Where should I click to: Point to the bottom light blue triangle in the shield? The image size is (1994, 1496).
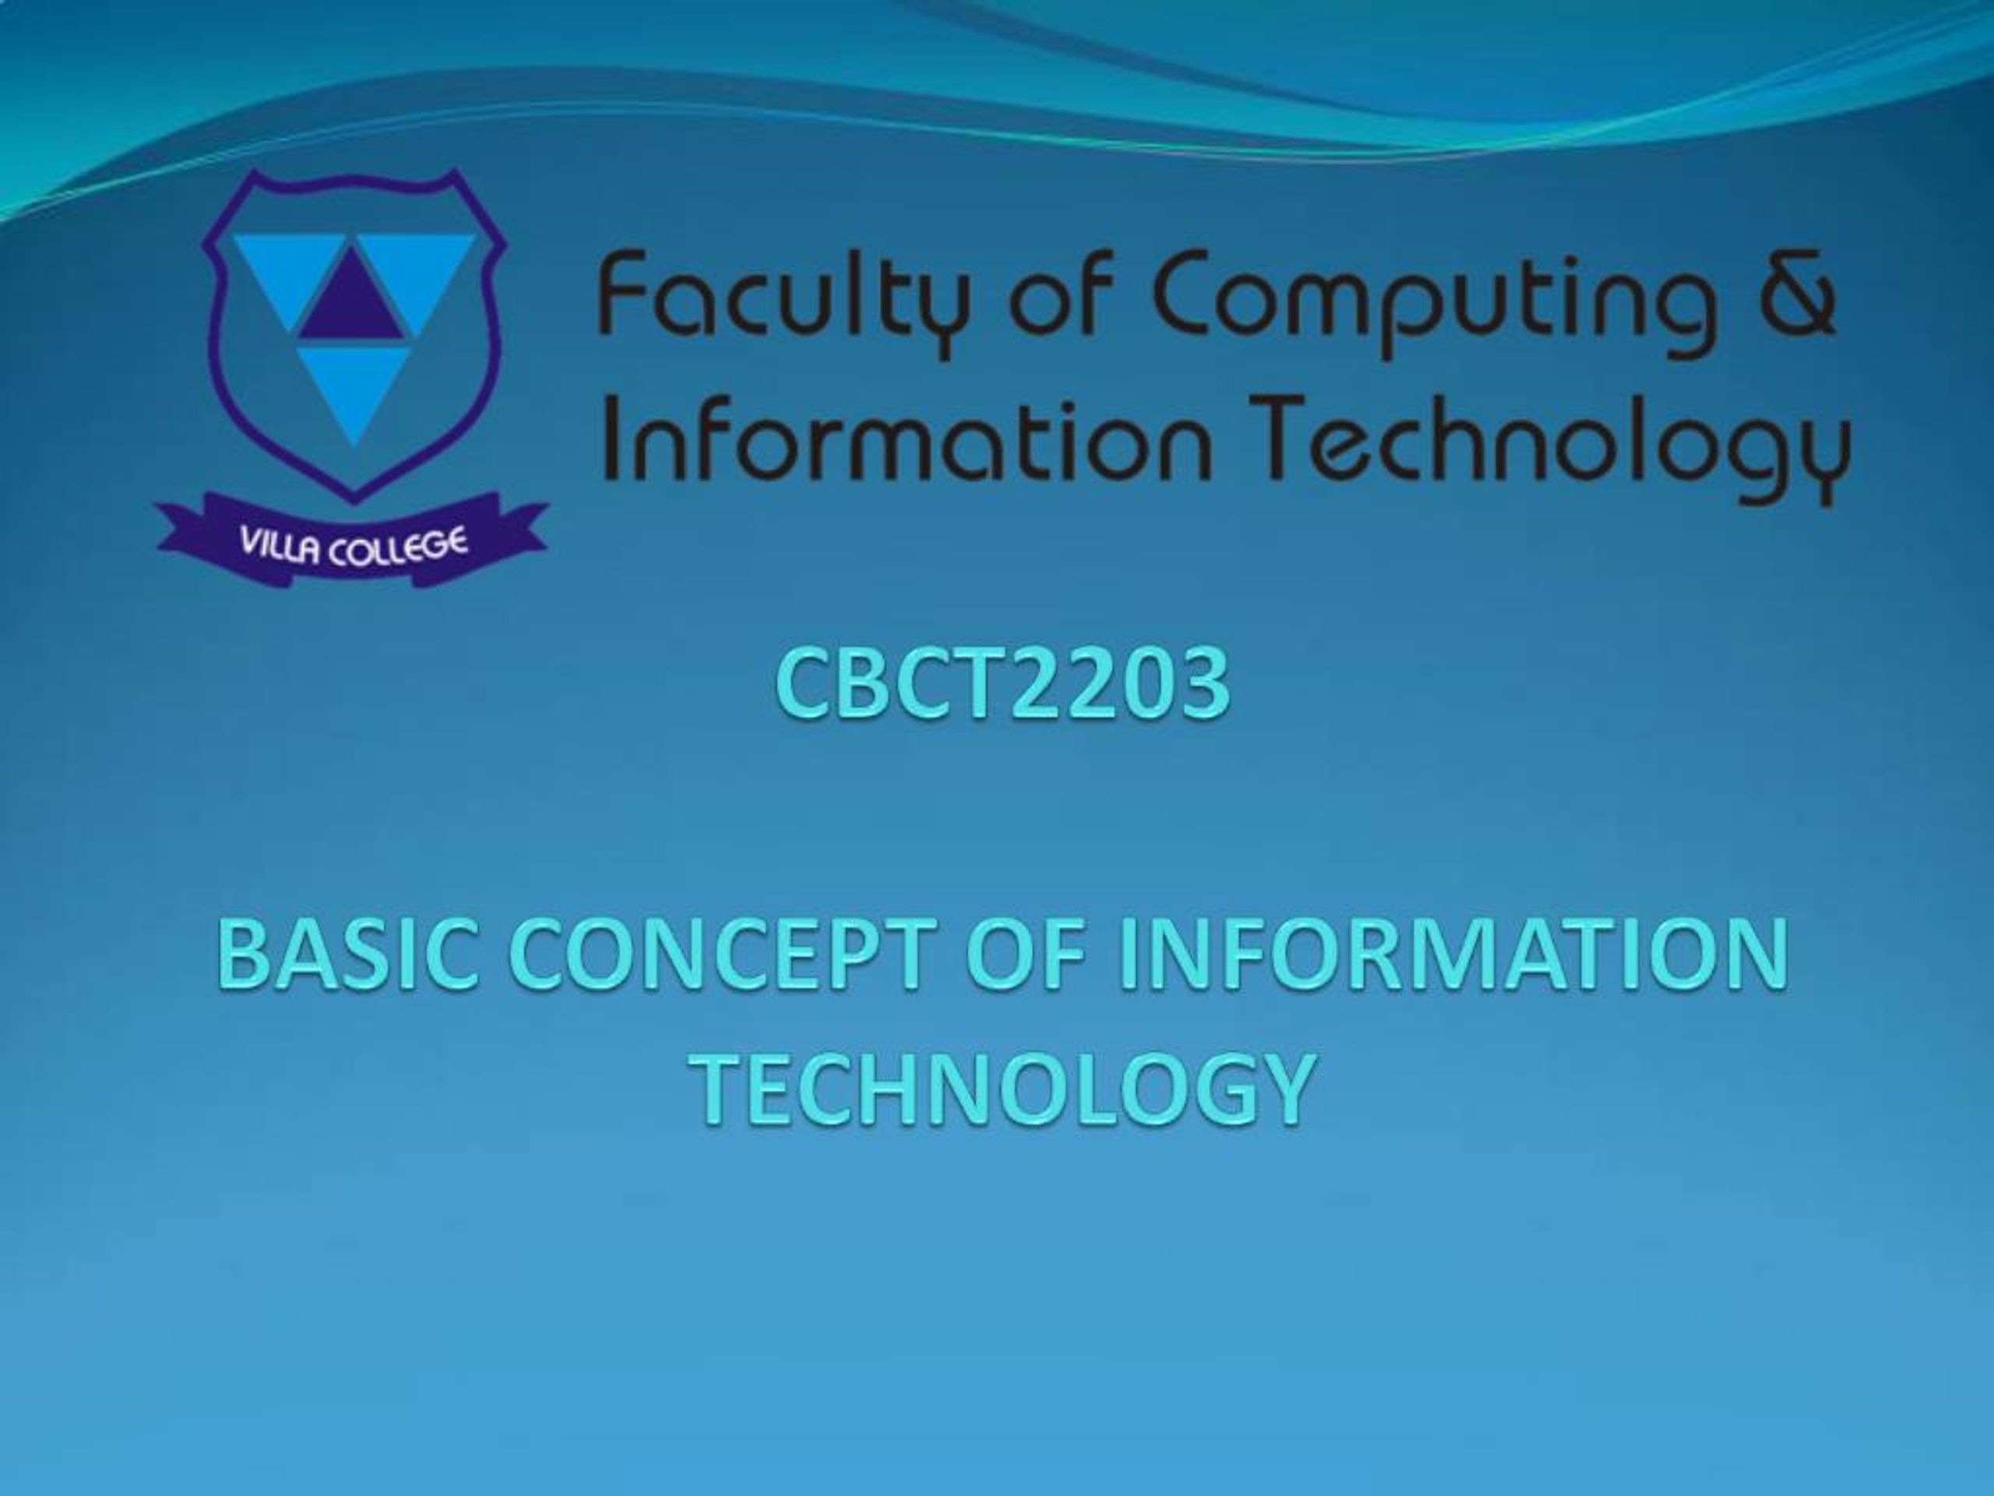point(354,388)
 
